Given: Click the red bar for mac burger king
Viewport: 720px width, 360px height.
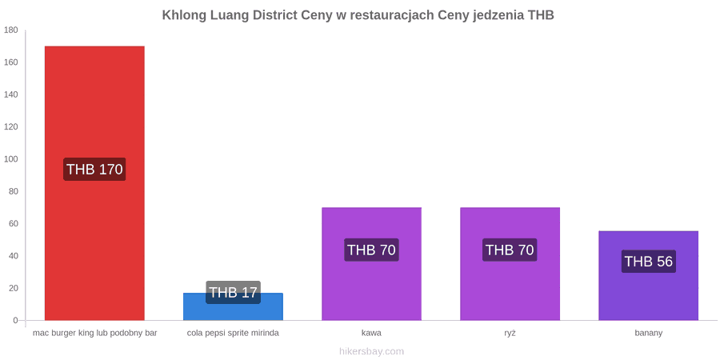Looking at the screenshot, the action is pos(94,182).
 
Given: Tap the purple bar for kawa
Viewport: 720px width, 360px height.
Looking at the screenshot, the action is pos(371,263).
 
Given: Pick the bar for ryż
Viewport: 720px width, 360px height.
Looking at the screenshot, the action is pos(510,263).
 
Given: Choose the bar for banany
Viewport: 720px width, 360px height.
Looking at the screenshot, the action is pos(648,275).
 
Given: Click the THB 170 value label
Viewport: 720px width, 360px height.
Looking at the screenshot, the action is pos(94,170).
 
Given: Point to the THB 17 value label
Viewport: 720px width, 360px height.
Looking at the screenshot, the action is pos(234,293).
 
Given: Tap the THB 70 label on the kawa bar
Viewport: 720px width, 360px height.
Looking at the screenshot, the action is pos(371,250).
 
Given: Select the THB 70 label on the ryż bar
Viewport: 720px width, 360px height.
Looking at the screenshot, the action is pos(510,250).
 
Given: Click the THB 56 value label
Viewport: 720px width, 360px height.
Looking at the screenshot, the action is pos(648,262).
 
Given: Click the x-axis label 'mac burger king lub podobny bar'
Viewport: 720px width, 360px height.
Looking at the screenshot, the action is pos(95,334).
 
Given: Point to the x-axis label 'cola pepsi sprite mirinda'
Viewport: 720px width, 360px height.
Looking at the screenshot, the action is pos(233,334).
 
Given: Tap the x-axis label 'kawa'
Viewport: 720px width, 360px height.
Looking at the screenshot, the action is pos(371,334).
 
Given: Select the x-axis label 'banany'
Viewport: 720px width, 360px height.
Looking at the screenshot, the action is pos(648,334).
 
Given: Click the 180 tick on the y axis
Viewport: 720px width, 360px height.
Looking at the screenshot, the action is pos(11,30).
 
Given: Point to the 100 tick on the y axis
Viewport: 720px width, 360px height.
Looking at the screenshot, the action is pos(11,159).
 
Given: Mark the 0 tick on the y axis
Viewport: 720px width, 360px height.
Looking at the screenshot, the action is pos(15,321).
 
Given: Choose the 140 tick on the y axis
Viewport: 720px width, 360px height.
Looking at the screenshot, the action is pos(11,95).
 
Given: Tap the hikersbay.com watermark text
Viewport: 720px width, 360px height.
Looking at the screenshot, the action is pos(371,352).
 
